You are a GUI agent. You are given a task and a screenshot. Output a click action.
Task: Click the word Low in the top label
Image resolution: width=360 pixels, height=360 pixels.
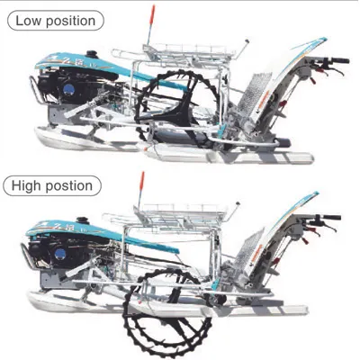click(x=29, y=21)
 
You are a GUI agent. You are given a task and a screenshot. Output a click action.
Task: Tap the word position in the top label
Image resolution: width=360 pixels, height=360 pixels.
click(x=71, y=22)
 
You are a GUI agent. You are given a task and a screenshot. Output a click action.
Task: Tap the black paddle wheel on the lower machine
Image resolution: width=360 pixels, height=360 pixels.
click(x=168, y=312)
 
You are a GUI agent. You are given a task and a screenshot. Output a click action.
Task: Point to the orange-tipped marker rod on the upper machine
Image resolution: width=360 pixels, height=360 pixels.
click(x=150, y=24)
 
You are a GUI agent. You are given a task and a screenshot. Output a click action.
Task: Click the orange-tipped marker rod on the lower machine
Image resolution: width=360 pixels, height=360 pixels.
click(x=140, y=190)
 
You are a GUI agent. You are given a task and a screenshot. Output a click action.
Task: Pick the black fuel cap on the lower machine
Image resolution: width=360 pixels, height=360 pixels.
click(x=82, y=220)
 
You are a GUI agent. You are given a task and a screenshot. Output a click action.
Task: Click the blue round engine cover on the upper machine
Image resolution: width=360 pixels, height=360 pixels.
click(x=68, y=90)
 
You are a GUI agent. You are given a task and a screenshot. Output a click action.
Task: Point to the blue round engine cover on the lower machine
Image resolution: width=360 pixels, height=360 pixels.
click(x=60, y=254)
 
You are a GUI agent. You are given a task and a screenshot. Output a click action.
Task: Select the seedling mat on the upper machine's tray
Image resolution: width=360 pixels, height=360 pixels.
click(x=254, y=94)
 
